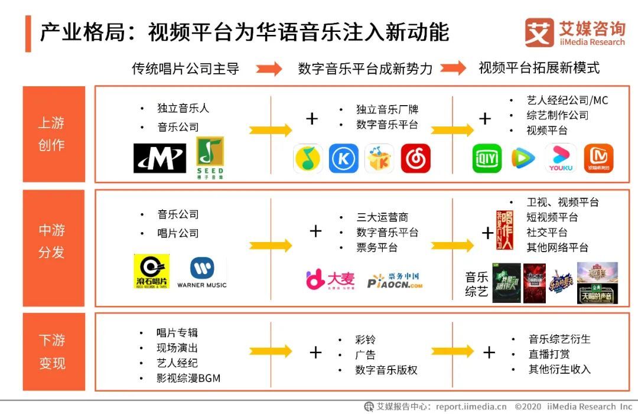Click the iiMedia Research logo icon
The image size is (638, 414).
click(x=539, y=32)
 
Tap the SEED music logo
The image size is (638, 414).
click(x=210, y=158)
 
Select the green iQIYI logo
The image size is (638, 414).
click(x=487, y=158)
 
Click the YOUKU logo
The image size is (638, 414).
click(x=561, y=158)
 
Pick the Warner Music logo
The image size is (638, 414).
click(x=201, y=272)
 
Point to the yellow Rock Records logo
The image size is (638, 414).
click(x=151, y=271)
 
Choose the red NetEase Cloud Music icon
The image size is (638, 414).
click(x=415, y=158)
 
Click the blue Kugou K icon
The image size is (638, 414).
click(x=343, y=158)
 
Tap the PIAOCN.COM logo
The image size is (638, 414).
click(x=395, y=281)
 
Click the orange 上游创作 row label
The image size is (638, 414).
click(x=52, y=134)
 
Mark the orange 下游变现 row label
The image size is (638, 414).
click(x=52, y=352)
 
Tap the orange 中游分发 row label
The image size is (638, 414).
click(x=52, y=241)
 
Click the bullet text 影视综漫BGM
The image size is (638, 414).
click(x=188, y=378)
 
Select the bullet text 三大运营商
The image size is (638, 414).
click(x=382, y=217)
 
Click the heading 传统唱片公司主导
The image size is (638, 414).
click(x=185, y=69)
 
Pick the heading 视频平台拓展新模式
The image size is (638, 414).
click(x=539, y=68)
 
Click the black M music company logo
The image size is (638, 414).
click(x=159, y=158)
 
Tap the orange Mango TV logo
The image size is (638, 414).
click(x=598, y=158)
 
